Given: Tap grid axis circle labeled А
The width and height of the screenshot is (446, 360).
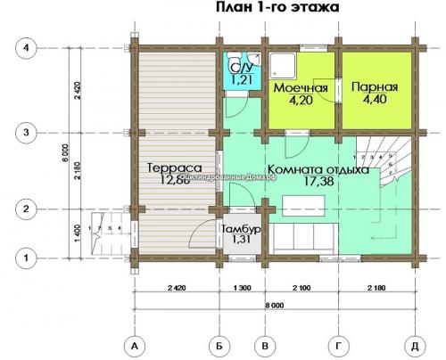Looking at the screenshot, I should pos(133,345).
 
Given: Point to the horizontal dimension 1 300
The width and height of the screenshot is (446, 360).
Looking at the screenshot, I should pos(242,290).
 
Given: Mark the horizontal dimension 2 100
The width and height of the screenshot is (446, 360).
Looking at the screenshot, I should pos(301,290).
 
